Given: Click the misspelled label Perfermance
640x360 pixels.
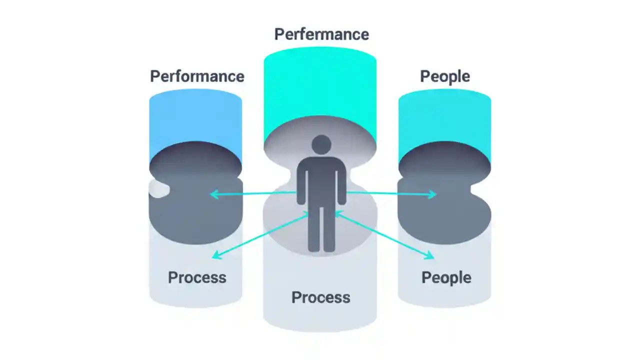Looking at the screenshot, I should [x=321, y=34].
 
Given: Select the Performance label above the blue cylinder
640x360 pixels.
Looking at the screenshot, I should [x=197, y=76].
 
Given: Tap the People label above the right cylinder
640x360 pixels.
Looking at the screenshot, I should [x=444, y=76].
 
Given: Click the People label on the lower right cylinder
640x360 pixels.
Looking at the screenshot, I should [x=446, y=277].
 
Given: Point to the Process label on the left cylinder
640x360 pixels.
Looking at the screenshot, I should [x=197, y=277].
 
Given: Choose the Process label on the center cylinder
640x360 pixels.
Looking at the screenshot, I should [x=320, y=297].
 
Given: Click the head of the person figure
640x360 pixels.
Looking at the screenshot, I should [x=321, y=145].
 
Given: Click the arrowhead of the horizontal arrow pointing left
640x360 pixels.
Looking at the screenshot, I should [x=213, y=194].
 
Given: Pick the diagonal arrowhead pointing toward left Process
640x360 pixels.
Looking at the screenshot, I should [x=216, y=255].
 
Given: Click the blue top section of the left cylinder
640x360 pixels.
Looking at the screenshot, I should [x=195, y=120].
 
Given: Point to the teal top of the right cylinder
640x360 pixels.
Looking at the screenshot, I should [x=444, y=120].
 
